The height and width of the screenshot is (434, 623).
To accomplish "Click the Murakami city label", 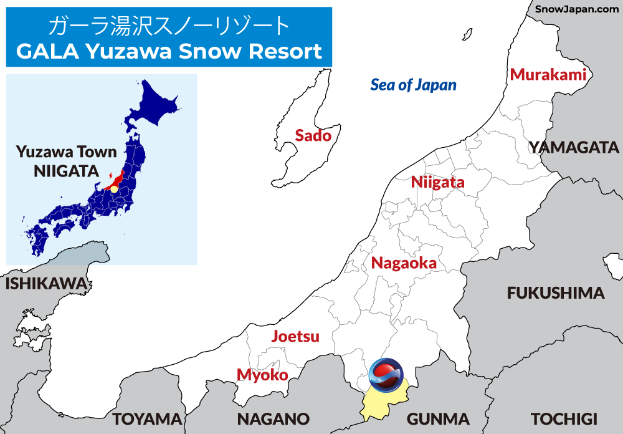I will tap(548, 75).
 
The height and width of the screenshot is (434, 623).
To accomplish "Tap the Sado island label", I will tap(313, 135).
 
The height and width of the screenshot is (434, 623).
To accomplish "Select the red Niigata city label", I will tap(437, 183).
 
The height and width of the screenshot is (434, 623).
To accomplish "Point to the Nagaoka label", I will tap(404, 263).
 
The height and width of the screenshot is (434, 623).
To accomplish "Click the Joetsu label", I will tap(295, 337).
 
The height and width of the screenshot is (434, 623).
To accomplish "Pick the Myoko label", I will tap(262, 375).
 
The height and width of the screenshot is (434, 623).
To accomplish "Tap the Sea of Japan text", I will tap(413, 85).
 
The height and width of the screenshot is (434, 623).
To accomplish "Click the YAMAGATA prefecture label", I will tap(574, 148).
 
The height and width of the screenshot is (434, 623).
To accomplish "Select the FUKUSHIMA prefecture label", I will tap(556, 293).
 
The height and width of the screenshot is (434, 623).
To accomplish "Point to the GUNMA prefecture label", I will tap(437, 418).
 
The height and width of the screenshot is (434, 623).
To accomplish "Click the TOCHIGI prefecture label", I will tap(564, 418).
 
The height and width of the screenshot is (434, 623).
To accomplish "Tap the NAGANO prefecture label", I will tap(273, 418).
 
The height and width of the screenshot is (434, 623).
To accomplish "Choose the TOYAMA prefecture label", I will tap(147, 418).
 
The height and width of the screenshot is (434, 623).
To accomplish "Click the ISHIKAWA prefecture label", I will tap(46, 284).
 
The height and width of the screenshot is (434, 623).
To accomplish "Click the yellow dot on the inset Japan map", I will tap(114, 188).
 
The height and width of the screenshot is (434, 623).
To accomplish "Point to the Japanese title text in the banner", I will tap(169, 26).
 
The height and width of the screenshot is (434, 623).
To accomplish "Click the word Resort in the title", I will tap(286, 51).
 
